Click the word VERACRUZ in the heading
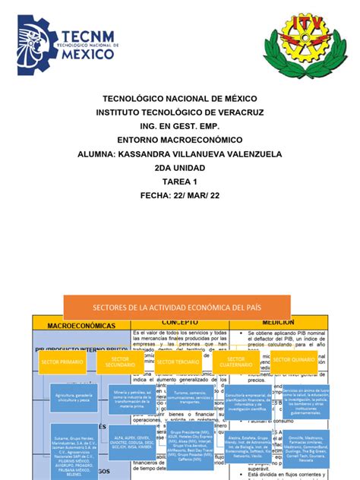[238, 112]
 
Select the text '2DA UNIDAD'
[179, 167]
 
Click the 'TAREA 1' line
[179, 182]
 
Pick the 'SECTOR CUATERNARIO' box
[236, 362]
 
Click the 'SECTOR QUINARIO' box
[292, 359]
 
